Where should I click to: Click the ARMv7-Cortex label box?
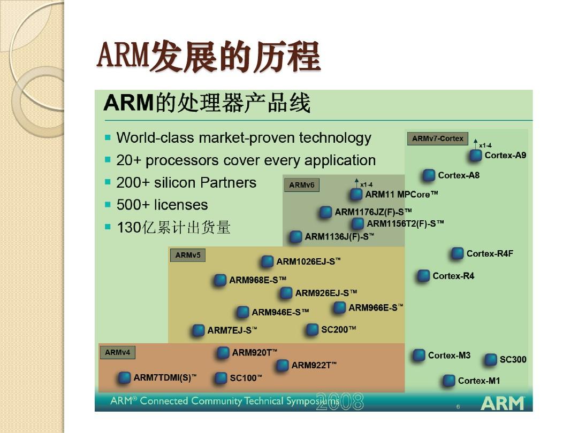438,139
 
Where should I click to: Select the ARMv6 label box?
301,185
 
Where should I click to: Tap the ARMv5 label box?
188,255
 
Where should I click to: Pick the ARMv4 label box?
118,352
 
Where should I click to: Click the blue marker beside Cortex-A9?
476,156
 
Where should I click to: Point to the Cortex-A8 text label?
459,175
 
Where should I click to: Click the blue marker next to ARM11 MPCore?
356,194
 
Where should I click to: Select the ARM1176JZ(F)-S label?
373,212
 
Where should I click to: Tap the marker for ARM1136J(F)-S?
295,236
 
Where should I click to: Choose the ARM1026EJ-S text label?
309,261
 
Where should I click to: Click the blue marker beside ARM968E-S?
220,280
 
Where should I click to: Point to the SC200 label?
338,329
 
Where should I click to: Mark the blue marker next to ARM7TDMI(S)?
124,378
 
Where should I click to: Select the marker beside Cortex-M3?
419,355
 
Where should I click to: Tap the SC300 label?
513,359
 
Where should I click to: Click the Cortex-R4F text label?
490,254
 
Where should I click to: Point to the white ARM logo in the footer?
503,403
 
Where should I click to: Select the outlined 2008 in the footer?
340,401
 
